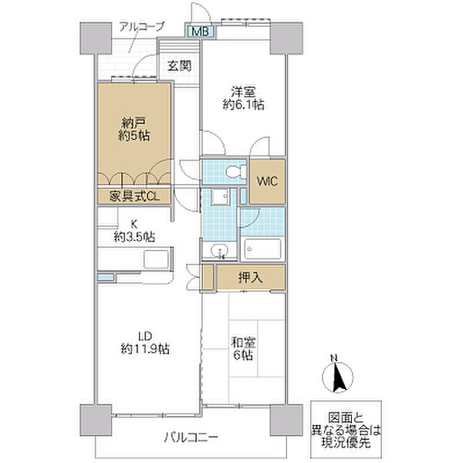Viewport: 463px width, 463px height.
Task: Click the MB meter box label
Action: click(201, 32)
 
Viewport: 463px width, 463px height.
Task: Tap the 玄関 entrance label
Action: click(179, 66)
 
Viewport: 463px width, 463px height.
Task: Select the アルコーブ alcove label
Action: click(141, 26)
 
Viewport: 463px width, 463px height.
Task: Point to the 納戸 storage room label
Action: click(133, 122)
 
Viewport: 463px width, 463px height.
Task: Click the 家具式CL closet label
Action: click(134, 196)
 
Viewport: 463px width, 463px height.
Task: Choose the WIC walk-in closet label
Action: click(267, 181)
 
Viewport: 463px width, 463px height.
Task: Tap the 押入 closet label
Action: click(250, 278)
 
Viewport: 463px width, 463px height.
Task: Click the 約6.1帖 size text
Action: click(243, 104)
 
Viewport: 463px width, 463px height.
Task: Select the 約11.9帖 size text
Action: click(145, 350)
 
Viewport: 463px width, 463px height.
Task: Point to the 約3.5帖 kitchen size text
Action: click(134, 237)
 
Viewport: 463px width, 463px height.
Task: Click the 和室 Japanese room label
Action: click(243, 343)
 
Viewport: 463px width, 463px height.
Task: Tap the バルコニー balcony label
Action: click(191, 437)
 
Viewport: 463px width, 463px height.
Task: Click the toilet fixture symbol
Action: click(236, 171)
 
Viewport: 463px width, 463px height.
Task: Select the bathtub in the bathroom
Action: click(262, 249)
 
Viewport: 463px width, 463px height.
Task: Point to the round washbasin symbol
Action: click(220, 251)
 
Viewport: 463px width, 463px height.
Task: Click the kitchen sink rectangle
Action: click(156, 259)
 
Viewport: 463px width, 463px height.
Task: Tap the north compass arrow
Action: click(338, 377)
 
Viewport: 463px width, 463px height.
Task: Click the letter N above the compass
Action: click(334, 359)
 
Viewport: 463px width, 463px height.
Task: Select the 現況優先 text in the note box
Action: click(346, 443)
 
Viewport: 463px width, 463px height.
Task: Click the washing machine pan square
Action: click(220, 196)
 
